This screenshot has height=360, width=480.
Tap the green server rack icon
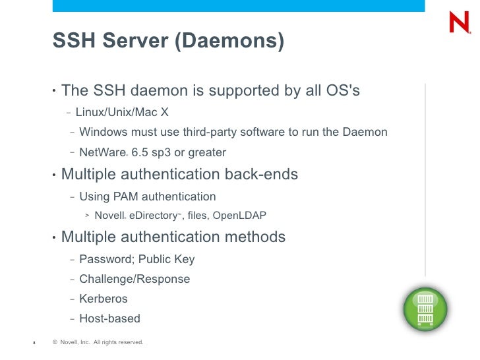(425, 309)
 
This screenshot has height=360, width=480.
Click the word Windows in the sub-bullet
(103, 132)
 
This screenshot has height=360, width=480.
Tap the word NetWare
(102, 153)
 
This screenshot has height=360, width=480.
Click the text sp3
(161, 153)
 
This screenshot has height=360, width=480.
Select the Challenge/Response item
(135, 279)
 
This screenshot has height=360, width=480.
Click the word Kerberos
(104, 299)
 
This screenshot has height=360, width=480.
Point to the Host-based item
(109, 318)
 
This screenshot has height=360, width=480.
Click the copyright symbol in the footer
(55, 342)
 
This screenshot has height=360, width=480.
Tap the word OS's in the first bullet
(343, 90)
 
